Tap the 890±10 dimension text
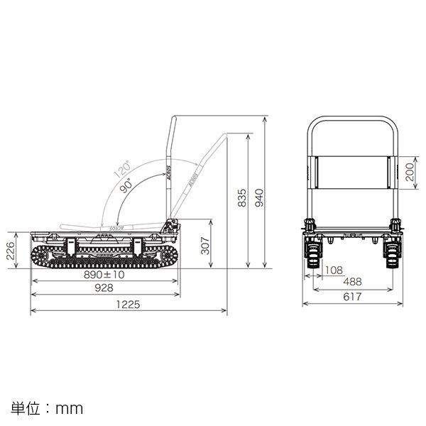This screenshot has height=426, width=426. pos(104,274)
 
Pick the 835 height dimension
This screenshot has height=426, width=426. pos(241,199)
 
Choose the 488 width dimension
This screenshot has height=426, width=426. pos(352,282)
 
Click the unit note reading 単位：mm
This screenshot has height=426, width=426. pos(48,408)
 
